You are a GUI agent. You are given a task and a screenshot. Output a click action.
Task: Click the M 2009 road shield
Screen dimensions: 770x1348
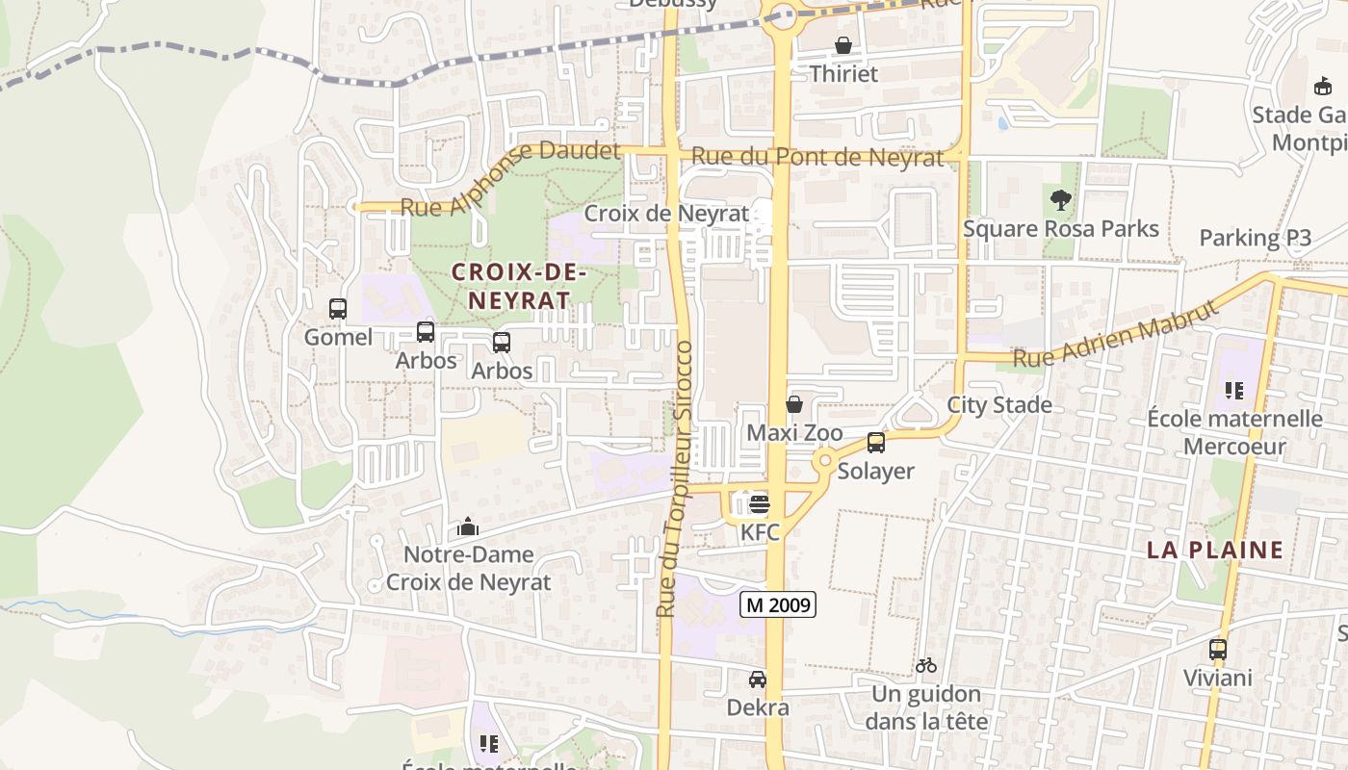click(778, 604)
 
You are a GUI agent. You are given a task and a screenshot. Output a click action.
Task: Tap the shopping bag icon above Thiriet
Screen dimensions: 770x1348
click(843, 45)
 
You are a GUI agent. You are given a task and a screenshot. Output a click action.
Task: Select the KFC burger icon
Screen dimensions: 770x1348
click(760, 503)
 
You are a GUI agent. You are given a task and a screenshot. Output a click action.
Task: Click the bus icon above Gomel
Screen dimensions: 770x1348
click(338, 309)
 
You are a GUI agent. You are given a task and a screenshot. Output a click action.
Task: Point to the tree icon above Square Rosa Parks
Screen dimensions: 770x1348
click(1061, 200)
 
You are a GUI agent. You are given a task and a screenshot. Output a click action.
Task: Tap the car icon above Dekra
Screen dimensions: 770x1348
click(758, 680)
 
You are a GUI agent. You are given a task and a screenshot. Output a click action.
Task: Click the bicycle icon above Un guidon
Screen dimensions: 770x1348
click(926, 665)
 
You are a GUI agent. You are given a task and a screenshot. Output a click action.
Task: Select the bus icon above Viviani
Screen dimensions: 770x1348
click(1218, 650)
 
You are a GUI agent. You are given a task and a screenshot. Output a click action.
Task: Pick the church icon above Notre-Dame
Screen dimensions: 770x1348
click(468, 526)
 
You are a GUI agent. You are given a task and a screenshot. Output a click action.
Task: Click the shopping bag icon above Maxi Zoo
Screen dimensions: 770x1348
click(794, 404)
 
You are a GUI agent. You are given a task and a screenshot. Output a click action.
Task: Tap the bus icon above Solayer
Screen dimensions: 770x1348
click(876, 443)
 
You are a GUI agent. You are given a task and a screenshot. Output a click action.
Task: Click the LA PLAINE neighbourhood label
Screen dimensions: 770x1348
click(1215, 551)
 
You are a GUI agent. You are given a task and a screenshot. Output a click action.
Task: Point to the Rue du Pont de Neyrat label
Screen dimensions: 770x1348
click(817, 157)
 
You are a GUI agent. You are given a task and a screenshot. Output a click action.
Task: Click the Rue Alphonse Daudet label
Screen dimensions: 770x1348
click(509, 178)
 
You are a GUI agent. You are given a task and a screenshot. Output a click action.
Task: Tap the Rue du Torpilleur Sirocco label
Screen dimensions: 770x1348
click(675, 478)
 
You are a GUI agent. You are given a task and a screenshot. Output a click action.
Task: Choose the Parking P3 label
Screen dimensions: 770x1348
click(1255, 239)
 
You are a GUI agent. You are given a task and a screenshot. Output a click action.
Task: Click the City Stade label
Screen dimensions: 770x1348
click(999, 404)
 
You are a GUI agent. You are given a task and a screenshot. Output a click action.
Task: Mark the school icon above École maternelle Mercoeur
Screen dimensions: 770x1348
click(1234, 391)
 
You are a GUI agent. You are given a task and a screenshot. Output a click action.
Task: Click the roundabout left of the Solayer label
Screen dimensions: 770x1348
click(823, 462)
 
